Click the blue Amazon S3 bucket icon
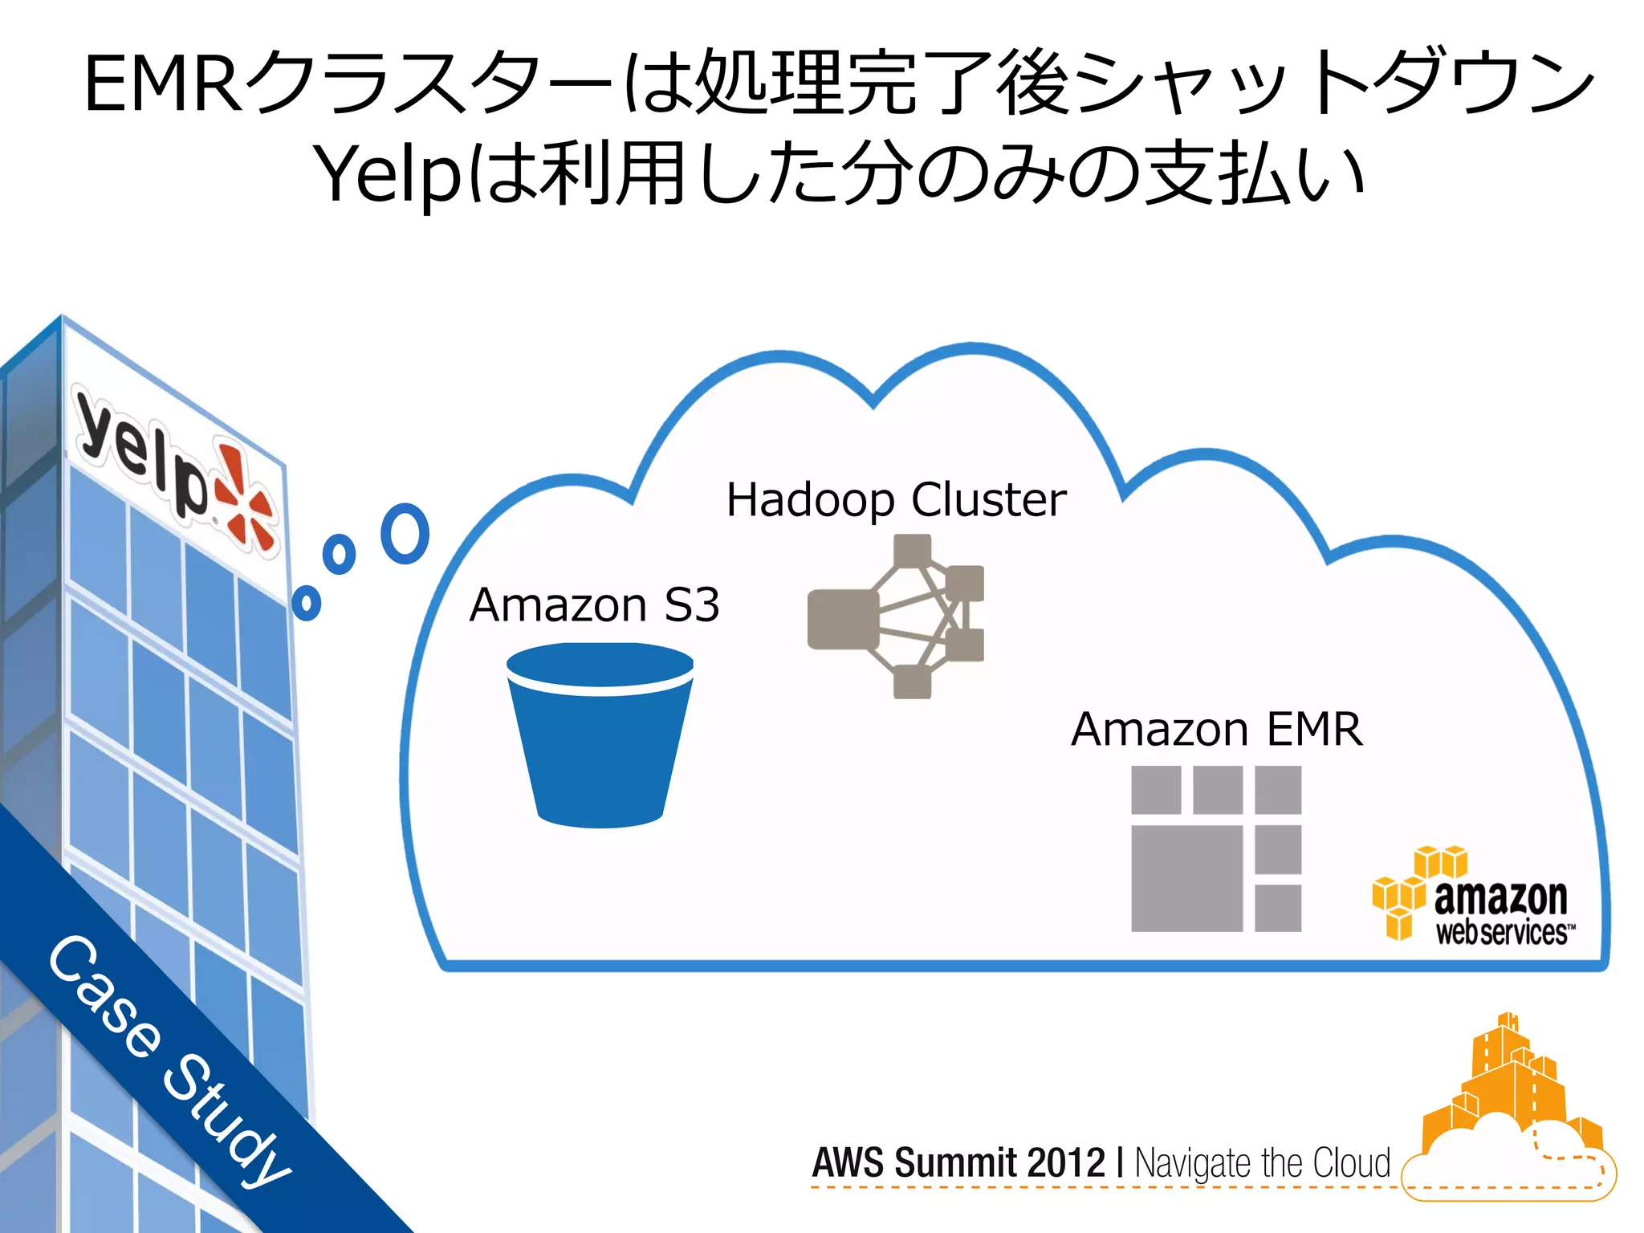600,735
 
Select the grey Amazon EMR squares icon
1215,848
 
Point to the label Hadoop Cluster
896,499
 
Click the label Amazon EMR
1216,729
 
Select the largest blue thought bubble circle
405,533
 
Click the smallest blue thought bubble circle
307,602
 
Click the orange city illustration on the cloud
1509,1100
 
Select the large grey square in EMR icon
1186,878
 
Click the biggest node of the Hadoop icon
843,619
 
